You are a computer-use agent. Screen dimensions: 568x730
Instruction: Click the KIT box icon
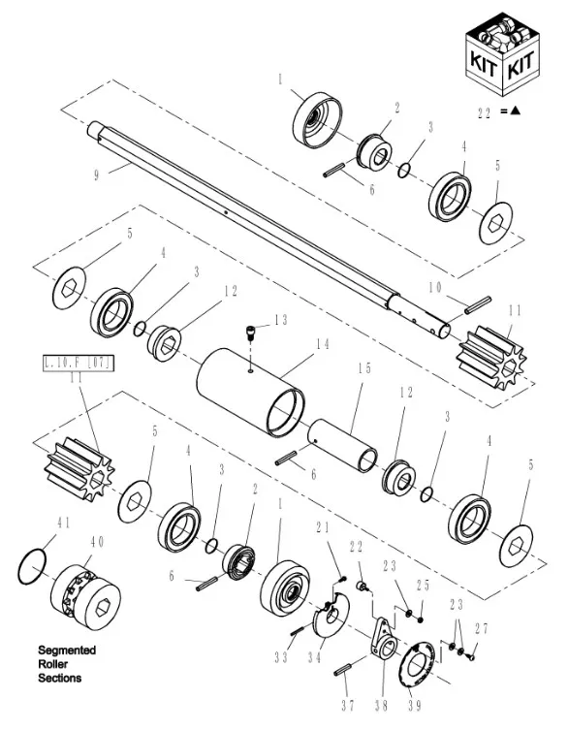click(503, 54)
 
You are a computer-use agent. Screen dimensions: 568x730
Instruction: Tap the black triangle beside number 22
click(515, 111)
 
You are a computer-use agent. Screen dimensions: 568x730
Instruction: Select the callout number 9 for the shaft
click(96, 175)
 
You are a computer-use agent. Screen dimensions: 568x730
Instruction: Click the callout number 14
click(323, 344)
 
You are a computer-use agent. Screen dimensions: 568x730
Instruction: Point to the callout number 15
click(365, 368)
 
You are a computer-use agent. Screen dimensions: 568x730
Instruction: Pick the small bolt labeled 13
click(250, 333)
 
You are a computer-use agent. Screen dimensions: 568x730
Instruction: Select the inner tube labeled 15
click(343, 445)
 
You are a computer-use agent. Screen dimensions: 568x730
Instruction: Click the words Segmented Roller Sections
click(67, 664)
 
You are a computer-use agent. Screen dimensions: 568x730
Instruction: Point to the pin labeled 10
click(478, 304)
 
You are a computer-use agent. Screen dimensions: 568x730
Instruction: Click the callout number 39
click(413, 706)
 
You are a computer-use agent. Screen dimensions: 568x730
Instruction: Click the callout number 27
click(482, 628)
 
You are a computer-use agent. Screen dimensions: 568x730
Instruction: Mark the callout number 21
click(323, 527)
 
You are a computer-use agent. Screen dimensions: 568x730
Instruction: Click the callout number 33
click(281, 657)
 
